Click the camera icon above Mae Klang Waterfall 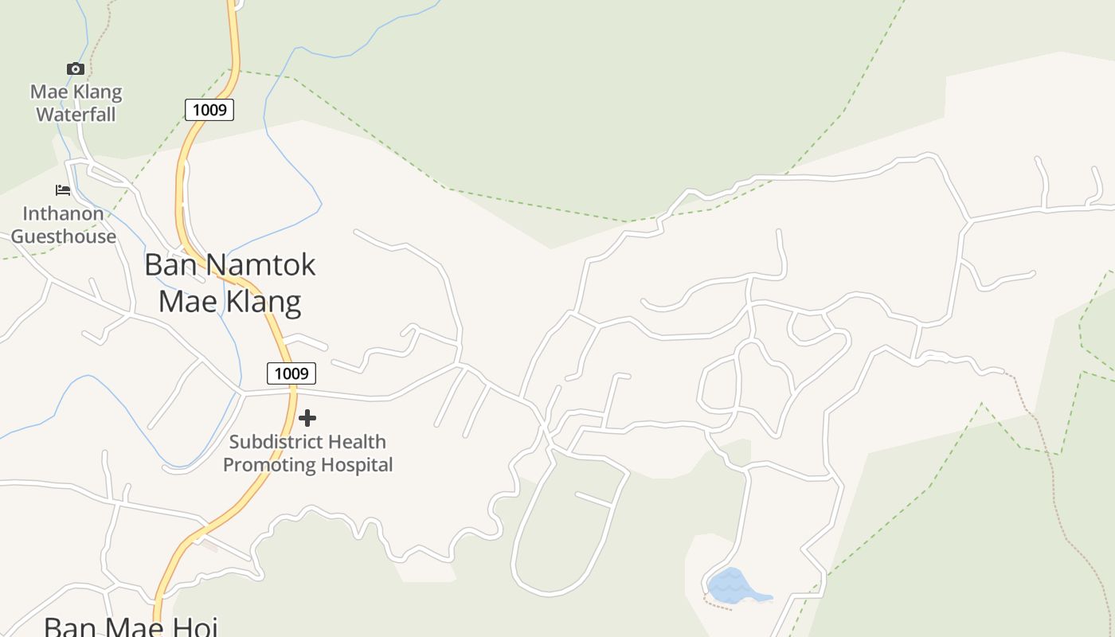[76, 69]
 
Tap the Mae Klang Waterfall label [76, 104]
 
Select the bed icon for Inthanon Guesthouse [63, 190]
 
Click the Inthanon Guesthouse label [63, 225]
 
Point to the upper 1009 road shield [209, 110]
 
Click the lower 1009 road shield [291, 373]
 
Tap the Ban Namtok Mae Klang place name [229, 283]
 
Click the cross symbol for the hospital [307, 418]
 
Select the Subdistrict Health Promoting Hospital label [307, 453]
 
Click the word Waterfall [76, 115]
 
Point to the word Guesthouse [63, 236]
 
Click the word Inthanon [63, 213]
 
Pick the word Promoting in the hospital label [267, 464]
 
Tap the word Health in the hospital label [357, 442]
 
